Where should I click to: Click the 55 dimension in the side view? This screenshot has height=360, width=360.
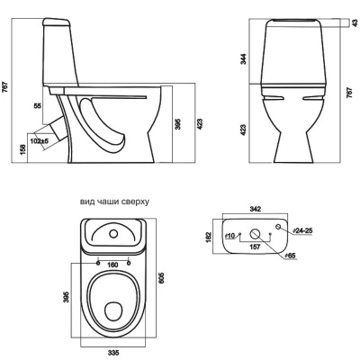(38, 105)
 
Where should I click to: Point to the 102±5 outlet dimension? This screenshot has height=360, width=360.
(40, 140)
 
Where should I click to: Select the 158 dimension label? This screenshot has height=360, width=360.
(25, 148)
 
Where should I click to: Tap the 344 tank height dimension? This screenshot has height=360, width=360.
(244, 58)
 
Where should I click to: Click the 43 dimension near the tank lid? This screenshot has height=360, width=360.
(355, 22)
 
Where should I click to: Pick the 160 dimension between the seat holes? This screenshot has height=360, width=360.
(112, 265)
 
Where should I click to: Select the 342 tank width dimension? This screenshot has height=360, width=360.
(255, 209)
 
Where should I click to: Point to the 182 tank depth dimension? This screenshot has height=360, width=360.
(209, 237)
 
